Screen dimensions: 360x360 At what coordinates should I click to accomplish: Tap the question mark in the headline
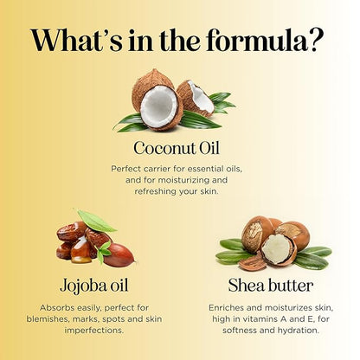click(x=314, y=40)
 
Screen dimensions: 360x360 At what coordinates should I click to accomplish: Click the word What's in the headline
click(x=76, y=40)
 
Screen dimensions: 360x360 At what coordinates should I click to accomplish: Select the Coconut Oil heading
click(x=177, y=148)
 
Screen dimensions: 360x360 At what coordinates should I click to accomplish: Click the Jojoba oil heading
click(x=94, y=286)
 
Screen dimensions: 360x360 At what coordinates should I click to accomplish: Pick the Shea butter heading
click(x=271, y=286)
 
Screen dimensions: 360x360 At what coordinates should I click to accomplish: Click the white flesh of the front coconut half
click(x=159, y=106)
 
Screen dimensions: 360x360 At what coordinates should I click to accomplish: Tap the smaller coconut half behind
click(x=196, y=98)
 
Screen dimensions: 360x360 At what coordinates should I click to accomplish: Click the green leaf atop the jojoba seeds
click(x=96, y=221)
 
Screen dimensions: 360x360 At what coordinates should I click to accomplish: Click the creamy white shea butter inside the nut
click(x=276, y=248)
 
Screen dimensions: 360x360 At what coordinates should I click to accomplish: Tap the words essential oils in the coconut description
click(x=215, y=169)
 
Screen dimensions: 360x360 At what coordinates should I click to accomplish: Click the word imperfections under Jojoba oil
click(x=94, y=331)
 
